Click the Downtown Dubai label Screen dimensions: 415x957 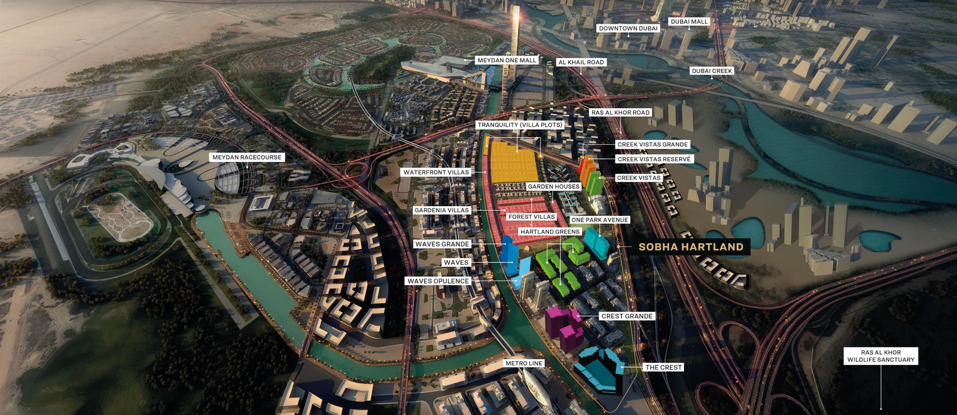click(x=628, y=28)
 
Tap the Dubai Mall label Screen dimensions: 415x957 click(x=689, y=22)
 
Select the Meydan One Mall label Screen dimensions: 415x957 click(x=507, y=60)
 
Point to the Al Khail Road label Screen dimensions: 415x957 click(x=581, y=62)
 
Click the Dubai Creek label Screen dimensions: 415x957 click(x=712, y=71)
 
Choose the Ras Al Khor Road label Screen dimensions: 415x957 click(x=620, y=112)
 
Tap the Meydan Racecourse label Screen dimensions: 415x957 click(x=246, y=157)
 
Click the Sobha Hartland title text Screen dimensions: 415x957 click(x=691, y=247)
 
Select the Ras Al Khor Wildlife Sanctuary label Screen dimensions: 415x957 click(x=880, y=356)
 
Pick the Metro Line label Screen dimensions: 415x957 click(x=524, y=364)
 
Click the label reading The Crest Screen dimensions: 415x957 click(x=663, y=367)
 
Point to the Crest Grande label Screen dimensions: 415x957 click(x=627, y=316)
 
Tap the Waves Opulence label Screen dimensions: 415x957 click(x=438, y=281)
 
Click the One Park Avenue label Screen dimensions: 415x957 click(x=599, y=220)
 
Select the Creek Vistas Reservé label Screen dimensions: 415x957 click(x=654, y=159)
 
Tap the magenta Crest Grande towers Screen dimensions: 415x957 click(x=563, y=326)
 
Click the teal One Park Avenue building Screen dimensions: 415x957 click(x=596, y=242)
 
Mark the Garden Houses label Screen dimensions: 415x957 click(x=553, y=187)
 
